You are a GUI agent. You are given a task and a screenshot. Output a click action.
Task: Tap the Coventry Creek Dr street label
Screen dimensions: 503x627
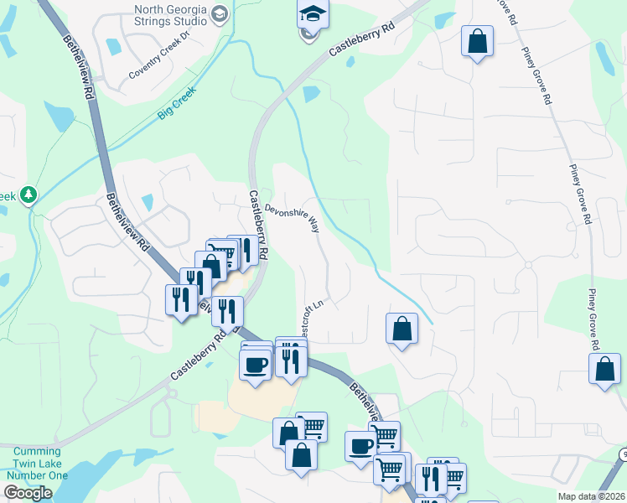click(160, 61)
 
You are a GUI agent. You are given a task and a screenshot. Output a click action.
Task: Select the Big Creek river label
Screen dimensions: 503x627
click(176, 103)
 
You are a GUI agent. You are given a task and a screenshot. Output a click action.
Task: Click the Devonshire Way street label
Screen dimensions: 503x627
click(293, 215)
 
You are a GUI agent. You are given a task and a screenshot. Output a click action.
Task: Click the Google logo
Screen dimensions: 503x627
click(28, 493)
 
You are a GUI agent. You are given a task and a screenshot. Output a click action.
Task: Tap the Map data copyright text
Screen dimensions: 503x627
click(592, 496)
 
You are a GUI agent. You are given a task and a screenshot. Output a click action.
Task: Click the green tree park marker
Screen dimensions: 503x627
click(29, 195)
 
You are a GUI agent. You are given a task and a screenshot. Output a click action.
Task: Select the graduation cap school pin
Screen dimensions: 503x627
click(313, 13)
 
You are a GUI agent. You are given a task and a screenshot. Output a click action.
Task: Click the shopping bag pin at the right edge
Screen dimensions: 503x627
click(604, 369)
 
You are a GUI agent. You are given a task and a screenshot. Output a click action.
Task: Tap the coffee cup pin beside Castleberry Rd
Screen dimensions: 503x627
click(256, 364)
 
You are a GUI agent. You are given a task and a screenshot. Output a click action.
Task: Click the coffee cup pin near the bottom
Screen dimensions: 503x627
click(361, 445)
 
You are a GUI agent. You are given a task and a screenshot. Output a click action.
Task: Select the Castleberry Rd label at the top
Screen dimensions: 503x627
click(361, 39)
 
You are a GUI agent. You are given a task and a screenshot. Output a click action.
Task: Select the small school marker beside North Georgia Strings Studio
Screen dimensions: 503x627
click(220, 14)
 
